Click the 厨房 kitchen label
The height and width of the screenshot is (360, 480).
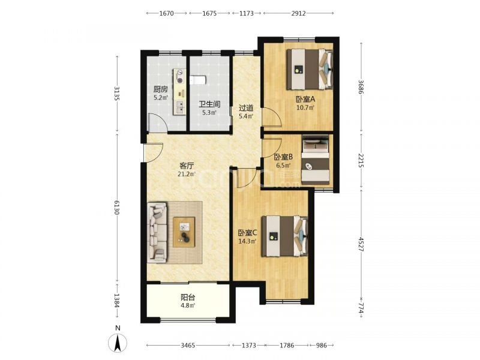(160, 89)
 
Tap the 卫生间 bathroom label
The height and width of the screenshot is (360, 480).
(209, 104)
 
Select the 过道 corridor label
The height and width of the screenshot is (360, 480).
(246, 108)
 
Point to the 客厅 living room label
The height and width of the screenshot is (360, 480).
(187, 166)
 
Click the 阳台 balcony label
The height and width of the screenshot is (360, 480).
(188, 297)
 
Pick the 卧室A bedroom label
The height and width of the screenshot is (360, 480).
(305, 99)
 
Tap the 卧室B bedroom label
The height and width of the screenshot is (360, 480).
(283, 157)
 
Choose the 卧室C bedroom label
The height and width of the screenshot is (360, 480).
(248, 233)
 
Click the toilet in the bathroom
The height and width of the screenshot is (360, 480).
(198, 80)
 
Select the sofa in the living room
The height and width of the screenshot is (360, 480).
(157, 232)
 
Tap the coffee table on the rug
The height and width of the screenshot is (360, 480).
(184, 232)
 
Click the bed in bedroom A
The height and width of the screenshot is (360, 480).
(310, 70)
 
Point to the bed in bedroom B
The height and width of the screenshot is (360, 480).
(316, 160)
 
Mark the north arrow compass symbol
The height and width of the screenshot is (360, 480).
(118, 343)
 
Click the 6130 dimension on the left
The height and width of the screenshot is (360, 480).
(116, 208)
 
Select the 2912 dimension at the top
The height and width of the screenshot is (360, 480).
(298, 13)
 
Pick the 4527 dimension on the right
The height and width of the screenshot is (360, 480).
(361, 244)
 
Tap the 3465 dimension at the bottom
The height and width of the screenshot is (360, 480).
(188, 346)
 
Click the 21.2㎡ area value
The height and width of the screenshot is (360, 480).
(187, 174)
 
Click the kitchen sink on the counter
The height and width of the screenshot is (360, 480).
(179, 107)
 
